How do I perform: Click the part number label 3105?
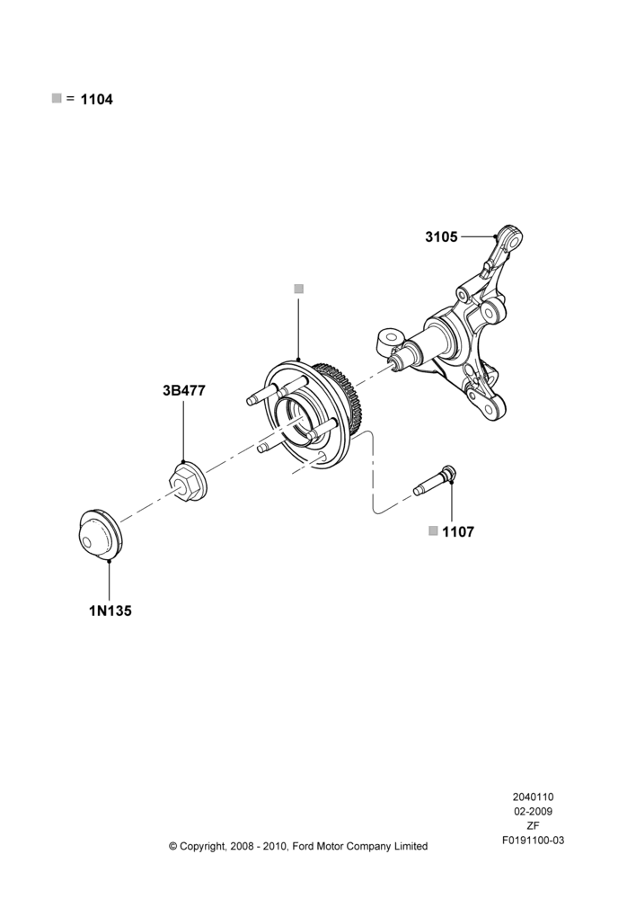441,236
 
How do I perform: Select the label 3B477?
183,390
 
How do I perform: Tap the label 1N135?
110,611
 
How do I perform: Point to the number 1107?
458,532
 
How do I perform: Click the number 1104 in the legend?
97,100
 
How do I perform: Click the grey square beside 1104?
57,98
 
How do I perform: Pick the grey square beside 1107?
433,530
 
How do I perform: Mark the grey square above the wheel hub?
298,289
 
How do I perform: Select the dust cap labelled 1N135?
99,533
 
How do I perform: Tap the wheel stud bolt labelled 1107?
435,483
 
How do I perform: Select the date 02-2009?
533,811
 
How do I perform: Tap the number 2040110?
533,797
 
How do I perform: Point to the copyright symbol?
173,846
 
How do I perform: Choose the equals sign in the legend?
70,99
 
